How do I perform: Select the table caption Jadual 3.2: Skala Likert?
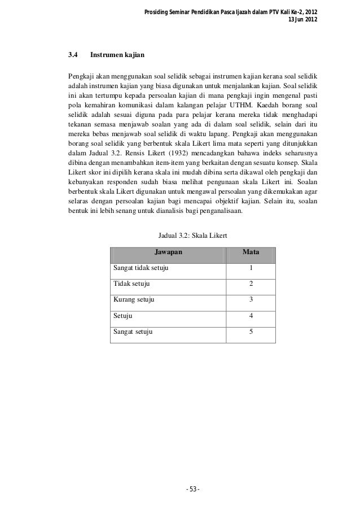point(193,235)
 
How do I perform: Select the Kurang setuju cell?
point(134,299)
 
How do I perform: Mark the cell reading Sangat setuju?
point(133,331)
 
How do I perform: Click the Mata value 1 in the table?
point(251,268)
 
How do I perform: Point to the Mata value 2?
point(251,284)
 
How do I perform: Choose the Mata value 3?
point(251,299)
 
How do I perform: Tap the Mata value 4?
point(251,315)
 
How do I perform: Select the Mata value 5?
point(251,331)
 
